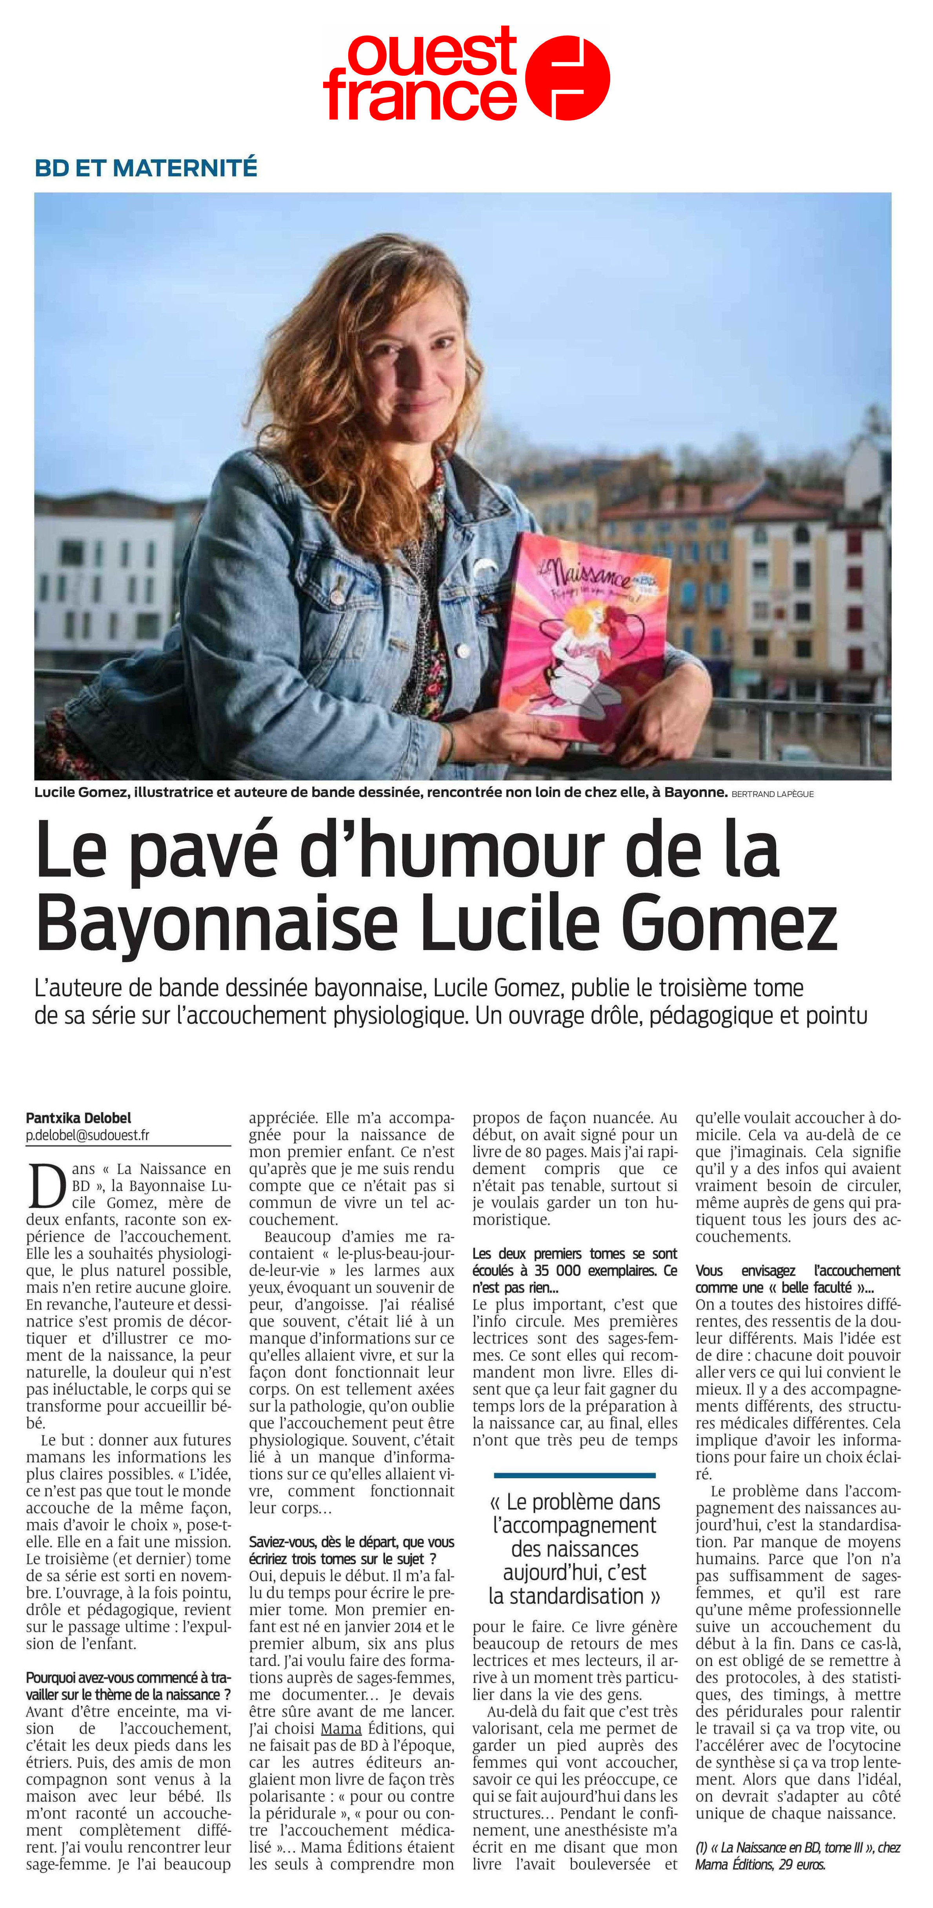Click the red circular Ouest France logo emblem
[x=567, y=78]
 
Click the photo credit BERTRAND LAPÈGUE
[x=772, y=794]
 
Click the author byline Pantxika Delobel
[x=78, y=1118]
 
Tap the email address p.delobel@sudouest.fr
[x=87, y=1135]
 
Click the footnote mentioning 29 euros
[x=797, y=1855]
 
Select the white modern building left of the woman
[x=104, y=585]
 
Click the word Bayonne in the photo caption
[x=695, y=793]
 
